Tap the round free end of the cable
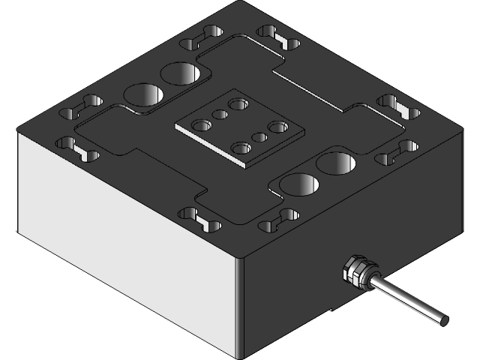tap(444, 320)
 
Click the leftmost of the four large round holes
tap(142, 94)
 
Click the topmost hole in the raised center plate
tap(239, 103)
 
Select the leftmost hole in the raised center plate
tap(200, 125)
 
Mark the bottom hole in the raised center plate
tap(241, 148)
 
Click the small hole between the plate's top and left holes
tap(220, 115)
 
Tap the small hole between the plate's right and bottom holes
tap(260, 137)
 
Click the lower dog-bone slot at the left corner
tap(77, 148)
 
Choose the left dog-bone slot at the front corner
tap(199, 218)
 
